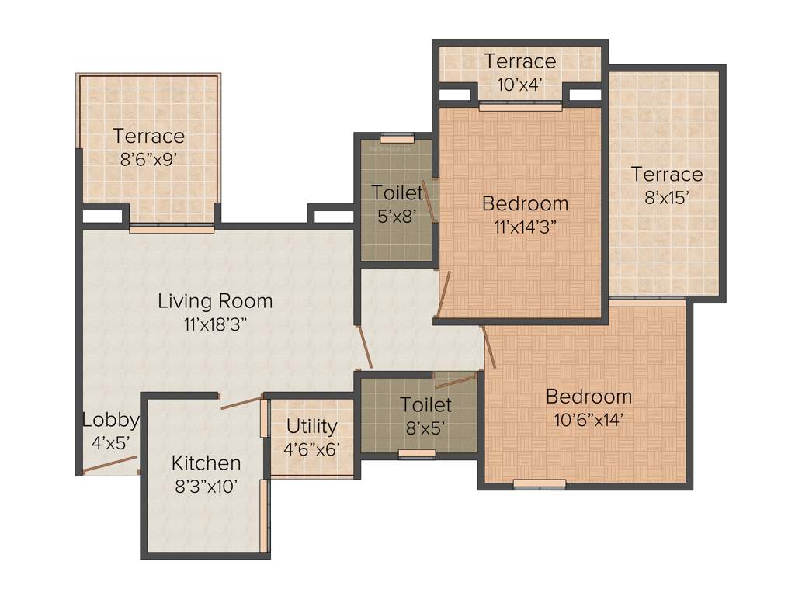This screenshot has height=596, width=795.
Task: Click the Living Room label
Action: pos(215,300)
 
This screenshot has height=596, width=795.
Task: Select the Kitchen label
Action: pos(206,463)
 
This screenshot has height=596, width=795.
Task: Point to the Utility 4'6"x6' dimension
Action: pos(311,448)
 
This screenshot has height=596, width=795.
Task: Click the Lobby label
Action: pos(110,420)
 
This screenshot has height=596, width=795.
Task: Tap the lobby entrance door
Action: pos(109,464)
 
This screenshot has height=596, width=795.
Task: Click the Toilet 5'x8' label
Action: pos(397,192)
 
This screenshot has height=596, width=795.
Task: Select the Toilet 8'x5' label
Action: pos(425,404)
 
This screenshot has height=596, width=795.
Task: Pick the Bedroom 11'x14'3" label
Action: pos(525,203)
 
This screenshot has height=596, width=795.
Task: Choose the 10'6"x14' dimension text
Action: pos(588,420)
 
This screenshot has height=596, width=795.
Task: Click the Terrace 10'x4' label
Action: pos(520,61)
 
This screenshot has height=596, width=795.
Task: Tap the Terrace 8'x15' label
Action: pos(666,174)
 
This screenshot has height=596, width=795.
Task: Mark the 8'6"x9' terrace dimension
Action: pos(148,159)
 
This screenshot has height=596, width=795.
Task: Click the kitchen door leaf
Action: pos(241,402)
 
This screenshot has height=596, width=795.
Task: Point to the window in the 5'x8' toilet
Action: pos(397,138)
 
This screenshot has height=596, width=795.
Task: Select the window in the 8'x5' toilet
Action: pos(417,454)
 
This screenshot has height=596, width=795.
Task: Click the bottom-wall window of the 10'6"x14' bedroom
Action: pos(540,484)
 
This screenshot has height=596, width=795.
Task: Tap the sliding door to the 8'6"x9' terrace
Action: pos(171,229)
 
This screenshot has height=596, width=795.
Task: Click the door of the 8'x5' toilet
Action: pos(456,379)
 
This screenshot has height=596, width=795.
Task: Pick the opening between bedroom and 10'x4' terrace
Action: pos(520,106)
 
